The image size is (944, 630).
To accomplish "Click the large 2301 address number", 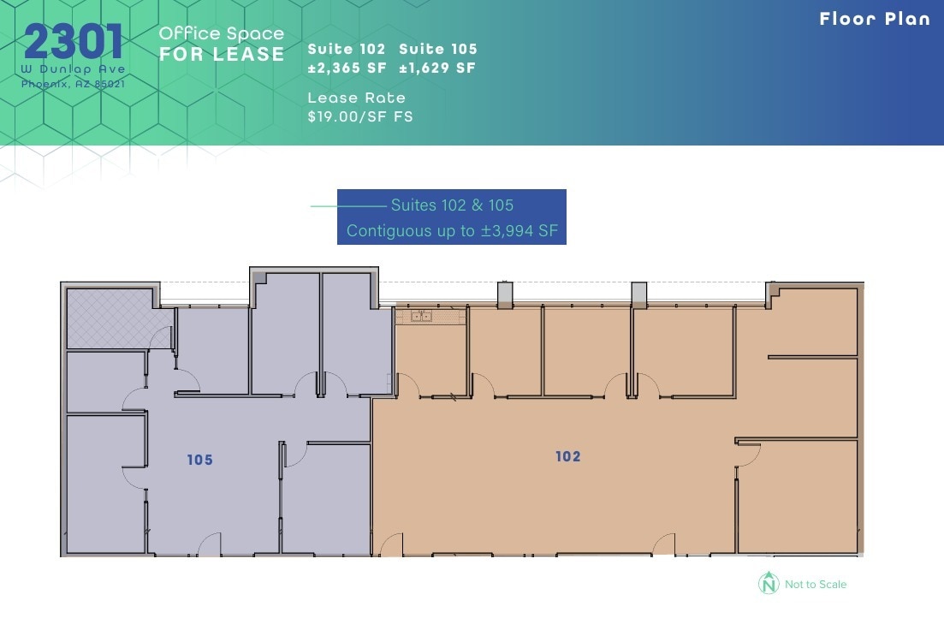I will click(74, 42).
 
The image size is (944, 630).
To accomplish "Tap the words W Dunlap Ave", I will click(74, 68).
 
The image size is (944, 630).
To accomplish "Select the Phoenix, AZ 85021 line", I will click(74, 83).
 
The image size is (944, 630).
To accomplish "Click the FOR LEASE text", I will click(222, 54).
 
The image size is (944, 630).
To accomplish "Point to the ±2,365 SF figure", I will click(347, 68).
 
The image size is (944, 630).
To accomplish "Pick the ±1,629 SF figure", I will click(437, 68).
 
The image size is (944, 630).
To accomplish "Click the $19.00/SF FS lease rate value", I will click(360, 116).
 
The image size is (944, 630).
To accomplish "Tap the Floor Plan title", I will click(874, 19).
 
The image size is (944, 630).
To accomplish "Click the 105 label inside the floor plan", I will click(199, 461).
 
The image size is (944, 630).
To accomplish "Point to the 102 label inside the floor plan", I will click(568, 456).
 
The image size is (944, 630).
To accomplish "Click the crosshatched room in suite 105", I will click(109, 318).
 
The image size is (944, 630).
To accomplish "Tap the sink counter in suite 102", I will click(429, 316).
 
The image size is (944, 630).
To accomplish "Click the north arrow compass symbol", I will click(769, 583).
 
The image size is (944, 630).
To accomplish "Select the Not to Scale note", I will click(816, 585).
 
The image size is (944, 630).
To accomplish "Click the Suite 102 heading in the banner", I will click(347, 50).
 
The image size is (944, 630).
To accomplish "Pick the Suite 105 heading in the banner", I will click(438, 50).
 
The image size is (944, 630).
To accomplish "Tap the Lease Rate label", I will click(357, 98).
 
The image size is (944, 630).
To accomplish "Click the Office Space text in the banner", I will click(222, 33).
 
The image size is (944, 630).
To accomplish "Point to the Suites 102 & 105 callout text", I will click(452, 205).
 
